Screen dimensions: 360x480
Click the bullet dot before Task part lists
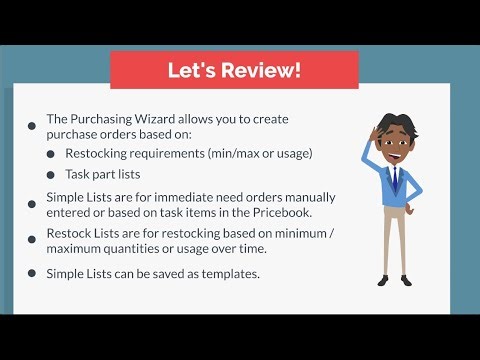click(x=51, y=175)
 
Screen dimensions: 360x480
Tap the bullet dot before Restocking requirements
click(x=51, y=153)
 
